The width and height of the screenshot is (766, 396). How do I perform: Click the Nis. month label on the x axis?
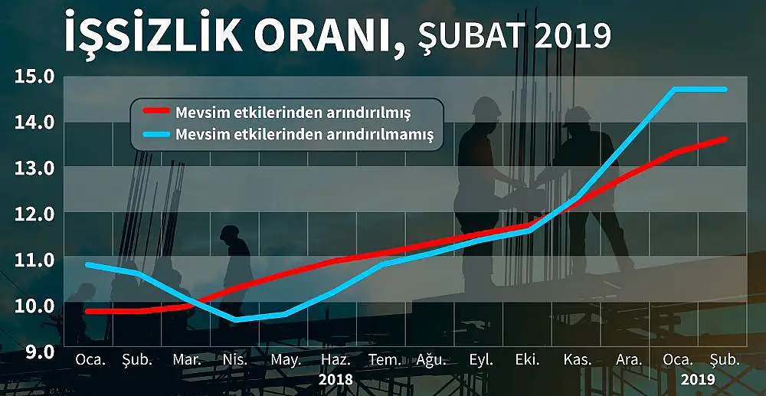pos(235,360)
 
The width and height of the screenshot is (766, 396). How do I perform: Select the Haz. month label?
pos(336,360)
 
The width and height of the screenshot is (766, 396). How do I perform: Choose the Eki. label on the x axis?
pos(528,360)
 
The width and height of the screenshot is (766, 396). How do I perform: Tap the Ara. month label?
pos(629,360)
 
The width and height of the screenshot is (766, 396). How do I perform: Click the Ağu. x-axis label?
pos(431,361)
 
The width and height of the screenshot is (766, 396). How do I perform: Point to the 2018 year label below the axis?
pos(336,379)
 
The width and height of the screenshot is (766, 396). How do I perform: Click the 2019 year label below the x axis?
pos(698,379)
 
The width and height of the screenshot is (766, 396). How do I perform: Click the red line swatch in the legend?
pos(155,110)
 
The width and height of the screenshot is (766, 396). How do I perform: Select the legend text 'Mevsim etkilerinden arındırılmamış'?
pos(304,134)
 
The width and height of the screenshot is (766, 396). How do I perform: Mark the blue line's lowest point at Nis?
pos(236,319)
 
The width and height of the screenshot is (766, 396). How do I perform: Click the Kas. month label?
pos(578,360)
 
